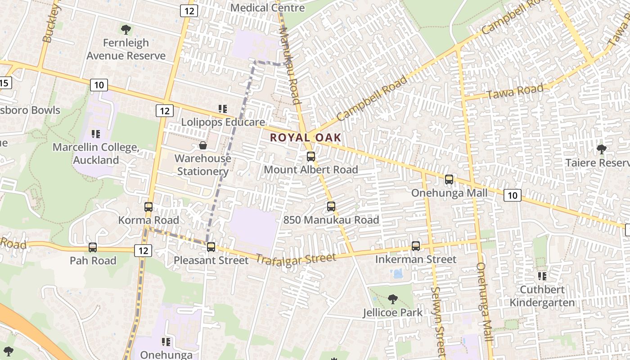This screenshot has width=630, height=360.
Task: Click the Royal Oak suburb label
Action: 305,138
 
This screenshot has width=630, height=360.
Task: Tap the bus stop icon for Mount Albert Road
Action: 310,157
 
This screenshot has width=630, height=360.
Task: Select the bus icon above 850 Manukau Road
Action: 331,207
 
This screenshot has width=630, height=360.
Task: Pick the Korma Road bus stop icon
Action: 148,207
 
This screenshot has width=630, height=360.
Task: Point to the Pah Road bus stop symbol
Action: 93,247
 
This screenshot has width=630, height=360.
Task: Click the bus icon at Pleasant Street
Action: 211,247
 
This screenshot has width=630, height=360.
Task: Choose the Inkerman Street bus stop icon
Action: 416,246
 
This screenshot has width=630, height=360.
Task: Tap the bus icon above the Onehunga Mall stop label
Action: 449,180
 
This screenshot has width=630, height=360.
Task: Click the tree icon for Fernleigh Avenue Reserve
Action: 126,30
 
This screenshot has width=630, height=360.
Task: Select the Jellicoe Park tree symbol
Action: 393,299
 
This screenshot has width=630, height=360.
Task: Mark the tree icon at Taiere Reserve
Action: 601,149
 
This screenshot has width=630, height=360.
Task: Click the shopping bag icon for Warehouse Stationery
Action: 203,145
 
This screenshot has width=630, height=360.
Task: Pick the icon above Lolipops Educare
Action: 223,108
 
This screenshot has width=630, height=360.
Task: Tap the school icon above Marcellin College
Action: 95,134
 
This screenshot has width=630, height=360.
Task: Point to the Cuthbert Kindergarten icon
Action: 542,276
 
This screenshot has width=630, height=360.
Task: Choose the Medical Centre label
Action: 267,8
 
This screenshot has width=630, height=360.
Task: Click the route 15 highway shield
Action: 4,83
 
